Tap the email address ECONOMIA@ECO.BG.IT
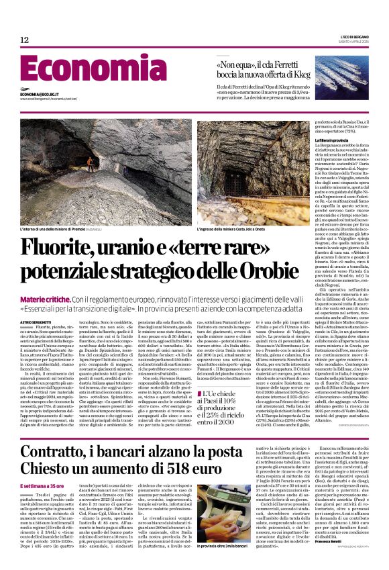point(41,95)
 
